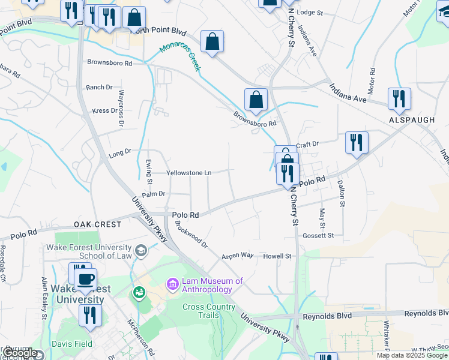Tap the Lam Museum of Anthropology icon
tap(172, 283)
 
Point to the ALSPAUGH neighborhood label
tap(412, 120)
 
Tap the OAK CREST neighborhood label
tap(97, 224)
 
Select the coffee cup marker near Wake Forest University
tap(86, 278)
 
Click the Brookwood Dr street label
tap(191, 236)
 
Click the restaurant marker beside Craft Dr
tap(357, 142)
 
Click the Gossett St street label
tap(318, 236)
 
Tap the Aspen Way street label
tap(238, 255)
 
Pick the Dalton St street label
tap(341, 194)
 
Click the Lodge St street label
tap(310, 12)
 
